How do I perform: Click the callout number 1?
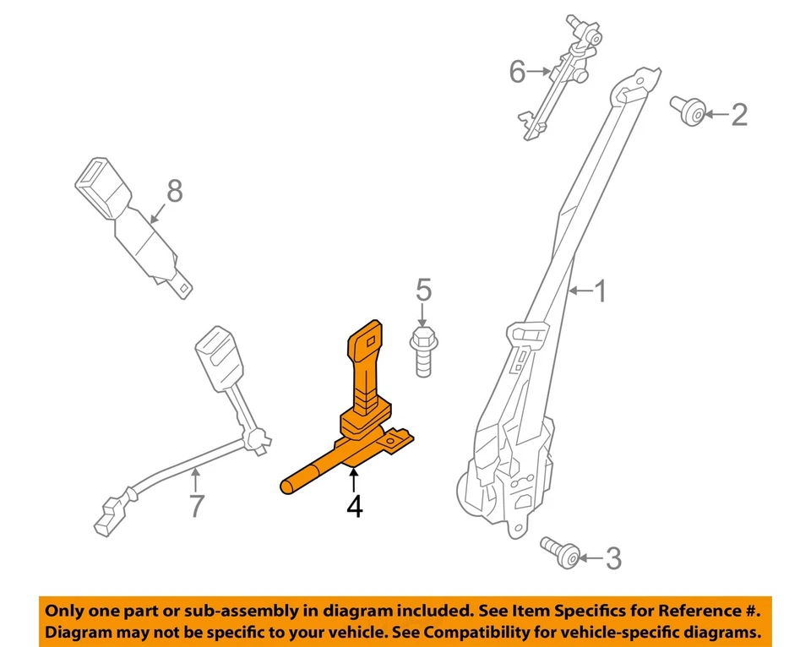click(x=601, y=292)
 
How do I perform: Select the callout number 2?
click(x=738, y=114)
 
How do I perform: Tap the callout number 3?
click(x=613, y=558)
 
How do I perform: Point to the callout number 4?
click(x=354, y=507)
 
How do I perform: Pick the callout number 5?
click(x=423, y=291)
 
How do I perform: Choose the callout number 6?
click(x=517, y=73)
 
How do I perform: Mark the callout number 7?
click(x=196, y=506)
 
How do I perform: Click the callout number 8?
click(x=174, y=192)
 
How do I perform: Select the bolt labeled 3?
click(x=561, y=552)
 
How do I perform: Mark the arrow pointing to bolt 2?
click(x=716, y=114)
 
